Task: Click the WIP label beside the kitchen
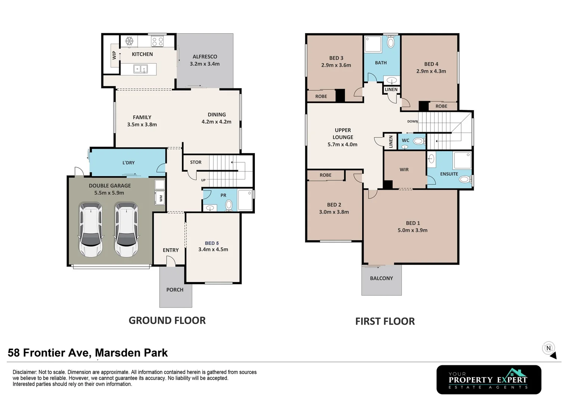(114, 55)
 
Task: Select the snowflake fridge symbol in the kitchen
(129, 41)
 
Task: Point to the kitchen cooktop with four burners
(157, 41)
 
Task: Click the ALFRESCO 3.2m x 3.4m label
(204, 60)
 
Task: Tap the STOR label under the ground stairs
(195, 162)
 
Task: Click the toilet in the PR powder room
(229, 204)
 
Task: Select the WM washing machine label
(161, 198)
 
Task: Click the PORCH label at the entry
(175, 290)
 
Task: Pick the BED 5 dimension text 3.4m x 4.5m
(213, 249)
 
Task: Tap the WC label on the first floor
(405, 141)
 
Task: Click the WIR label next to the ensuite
(404, 169)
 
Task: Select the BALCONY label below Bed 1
(381, 278)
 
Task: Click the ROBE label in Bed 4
(441, 106)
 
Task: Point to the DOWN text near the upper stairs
(412, 121)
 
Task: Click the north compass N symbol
(548, 348)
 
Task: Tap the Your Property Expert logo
(488, 379)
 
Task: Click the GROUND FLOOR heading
(167, 320)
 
